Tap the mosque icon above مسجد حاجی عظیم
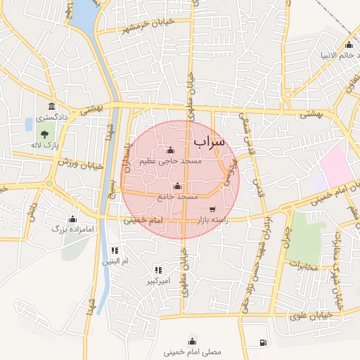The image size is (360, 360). tap(169, 150)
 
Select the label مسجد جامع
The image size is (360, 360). tap(176, 198)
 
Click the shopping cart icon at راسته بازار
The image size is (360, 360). tap(212, 210)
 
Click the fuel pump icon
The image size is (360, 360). tap(262, 343)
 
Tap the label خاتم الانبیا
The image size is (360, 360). tap(334, 54)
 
